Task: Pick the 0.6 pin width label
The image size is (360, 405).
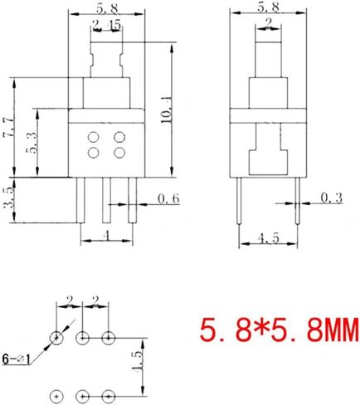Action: [168, 198]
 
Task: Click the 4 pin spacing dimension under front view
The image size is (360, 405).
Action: [105, 236]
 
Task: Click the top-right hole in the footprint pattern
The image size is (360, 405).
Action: [108, 338]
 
